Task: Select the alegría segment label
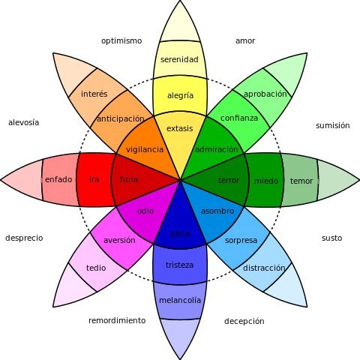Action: (x=179, y=95)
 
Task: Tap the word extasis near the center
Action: (x=179, y=128)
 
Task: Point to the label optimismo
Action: (x=121, y=40)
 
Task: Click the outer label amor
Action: (x=245, y=40)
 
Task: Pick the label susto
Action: (x=331, y=238)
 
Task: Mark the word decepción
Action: (x=244, y=321)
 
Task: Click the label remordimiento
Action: (x=117, y=320)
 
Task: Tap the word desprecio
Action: (x=24, y=238)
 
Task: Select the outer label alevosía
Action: (x=23, y=122)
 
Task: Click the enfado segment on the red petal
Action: (x=58, y=180)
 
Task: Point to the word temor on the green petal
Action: (x=301, y=181)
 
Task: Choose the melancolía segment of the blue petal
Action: (x=180, y=300)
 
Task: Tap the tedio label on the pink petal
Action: (x=96, y=268)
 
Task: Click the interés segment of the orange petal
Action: (x=94, y=94)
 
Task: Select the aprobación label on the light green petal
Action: (x=265, y=94)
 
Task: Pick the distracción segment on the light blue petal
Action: (x=264, y=268)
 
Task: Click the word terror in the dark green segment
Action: (x=229, y=181)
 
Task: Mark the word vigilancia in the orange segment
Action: (x=145, y=149)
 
